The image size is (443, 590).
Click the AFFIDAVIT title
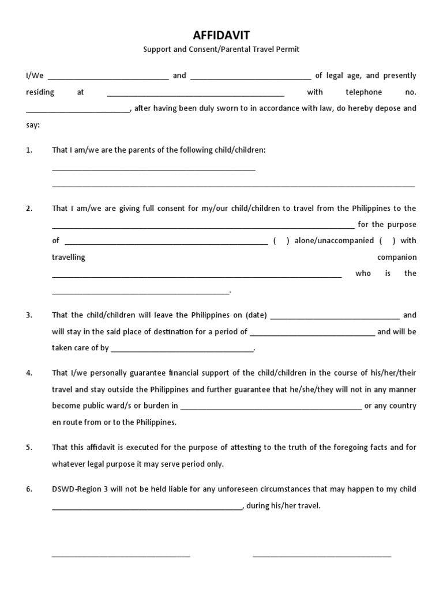click(221, 36)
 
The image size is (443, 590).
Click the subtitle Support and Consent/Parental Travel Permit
click(221, 50)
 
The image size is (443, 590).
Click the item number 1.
click(29, 150)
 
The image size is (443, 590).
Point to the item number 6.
click(29, 489)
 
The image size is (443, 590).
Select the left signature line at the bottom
click(121, 556)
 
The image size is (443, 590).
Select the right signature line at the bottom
click(322, 556)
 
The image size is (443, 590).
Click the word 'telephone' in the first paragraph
click(363, 92)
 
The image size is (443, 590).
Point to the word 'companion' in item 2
click(397, 258)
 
